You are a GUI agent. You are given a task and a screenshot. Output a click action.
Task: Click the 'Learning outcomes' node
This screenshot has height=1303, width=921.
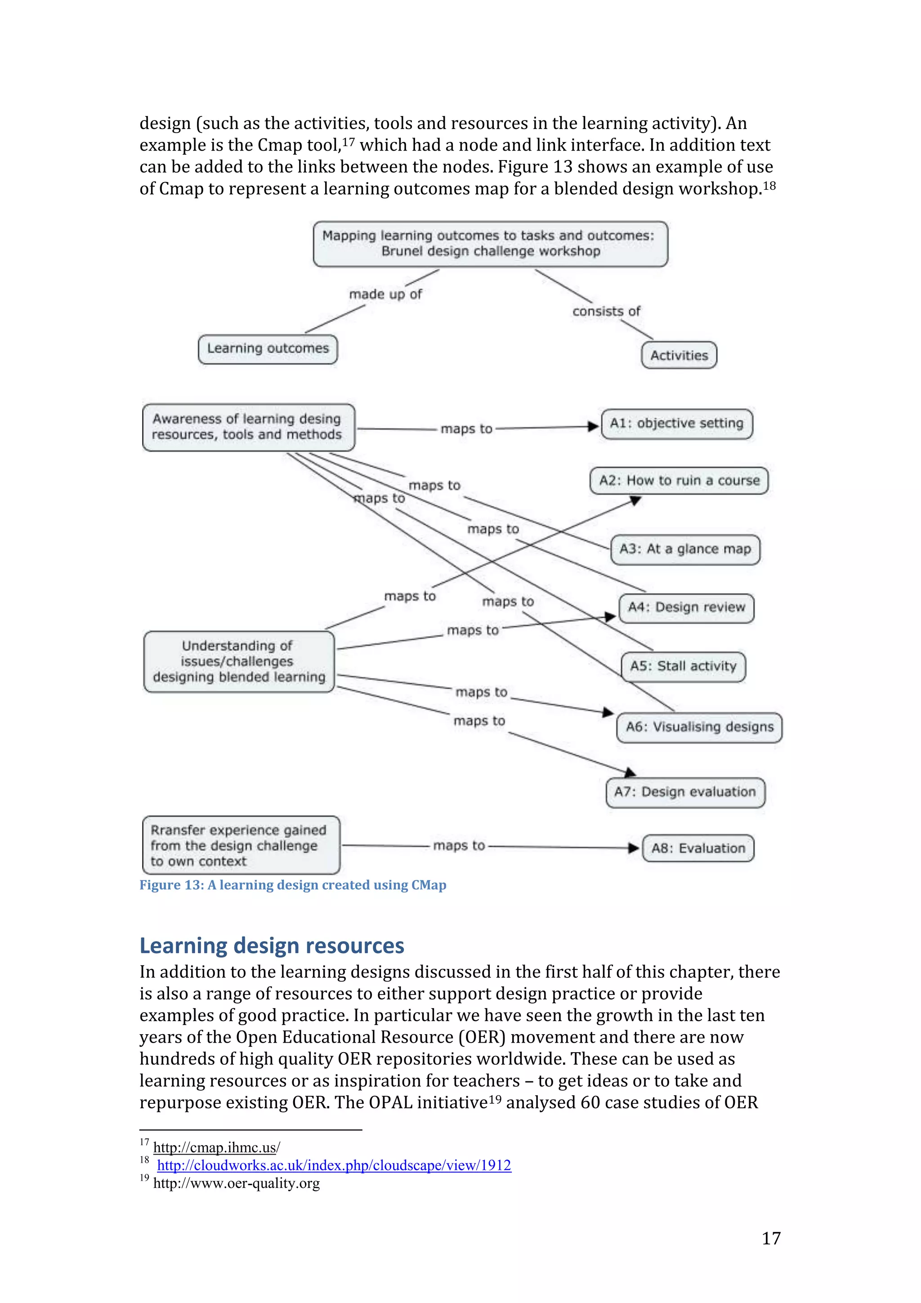(x=268, y=348)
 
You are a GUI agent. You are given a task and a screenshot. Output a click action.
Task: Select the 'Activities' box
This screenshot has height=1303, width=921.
(x=679, y=355)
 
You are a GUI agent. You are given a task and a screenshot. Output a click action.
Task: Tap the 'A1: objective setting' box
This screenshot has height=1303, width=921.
(x=676, y=424)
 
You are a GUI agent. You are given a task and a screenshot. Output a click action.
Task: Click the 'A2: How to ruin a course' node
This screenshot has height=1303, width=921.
(x=679, y=481)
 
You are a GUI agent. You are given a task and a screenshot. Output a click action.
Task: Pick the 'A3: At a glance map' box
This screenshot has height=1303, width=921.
(x=685, y=549)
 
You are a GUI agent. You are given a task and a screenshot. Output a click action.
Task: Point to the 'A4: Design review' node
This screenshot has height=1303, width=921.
(x=686, y=608)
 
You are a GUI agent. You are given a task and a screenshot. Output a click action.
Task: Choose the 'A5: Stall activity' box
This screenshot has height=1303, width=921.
(x=683, y=666)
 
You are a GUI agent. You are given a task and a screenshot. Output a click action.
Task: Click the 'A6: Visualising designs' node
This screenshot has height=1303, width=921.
(x=699, y=727)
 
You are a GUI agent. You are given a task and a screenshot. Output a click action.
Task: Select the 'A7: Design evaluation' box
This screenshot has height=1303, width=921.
(x=685, y=792)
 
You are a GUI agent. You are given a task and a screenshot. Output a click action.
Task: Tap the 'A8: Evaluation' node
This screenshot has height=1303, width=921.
(x=698, y=848)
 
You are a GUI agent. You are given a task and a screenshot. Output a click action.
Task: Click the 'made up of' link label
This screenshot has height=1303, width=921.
(x=385, y=294)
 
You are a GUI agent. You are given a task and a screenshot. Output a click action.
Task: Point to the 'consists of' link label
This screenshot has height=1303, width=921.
(x=606, y=311)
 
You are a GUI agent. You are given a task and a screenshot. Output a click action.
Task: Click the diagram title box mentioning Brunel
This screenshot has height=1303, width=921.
(x=490, y=243)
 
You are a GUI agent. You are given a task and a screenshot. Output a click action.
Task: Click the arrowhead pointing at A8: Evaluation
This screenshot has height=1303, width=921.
(x=634, y=848)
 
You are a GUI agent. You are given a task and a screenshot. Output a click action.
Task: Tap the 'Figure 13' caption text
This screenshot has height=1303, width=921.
(x=293, y=885)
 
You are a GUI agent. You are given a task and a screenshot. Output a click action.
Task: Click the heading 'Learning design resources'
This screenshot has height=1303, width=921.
(x=272, y=946)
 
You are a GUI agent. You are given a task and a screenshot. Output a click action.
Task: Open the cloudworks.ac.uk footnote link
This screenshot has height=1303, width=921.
(x=334, y=1166)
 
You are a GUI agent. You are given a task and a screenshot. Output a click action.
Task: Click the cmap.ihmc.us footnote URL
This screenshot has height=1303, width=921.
(x=216, y=1147)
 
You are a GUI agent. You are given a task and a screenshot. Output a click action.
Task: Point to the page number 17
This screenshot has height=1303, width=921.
(x=771, y=1238)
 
